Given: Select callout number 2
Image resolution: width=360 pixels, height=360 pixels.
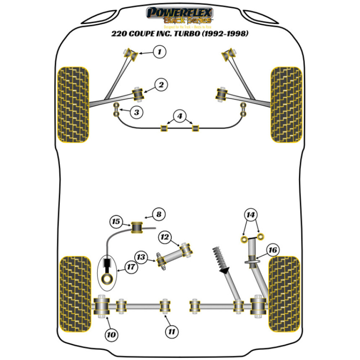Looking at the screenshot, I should (161, 85).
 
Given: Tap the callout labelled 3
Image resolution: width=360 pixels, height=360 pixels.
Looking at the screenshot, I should (136, 112).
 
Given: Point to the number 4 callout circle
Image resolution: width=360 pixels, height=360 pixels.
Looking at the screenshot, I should (180, 116).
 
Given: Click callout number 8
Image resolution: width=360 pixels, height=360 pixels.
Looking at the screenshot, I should (158, 215).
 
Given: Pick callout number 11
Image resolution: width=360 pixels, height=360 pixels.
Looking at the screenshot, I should (172, 330).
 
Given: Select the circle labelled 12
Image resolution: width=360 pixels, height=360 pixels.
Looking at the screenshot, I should (165, 237).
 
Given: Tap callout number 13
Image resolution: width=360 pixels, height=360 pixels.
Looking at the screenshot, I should (141, 257).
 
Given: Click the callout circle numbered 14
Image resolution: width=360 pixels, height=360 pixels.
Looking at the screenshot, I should (251, 215).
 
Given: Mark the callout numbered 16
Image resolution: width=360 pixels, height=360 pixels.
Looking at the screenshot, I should (273, 249).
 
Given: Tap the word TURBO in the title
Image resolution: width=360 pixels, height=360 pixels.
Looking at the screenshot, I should (197, 34).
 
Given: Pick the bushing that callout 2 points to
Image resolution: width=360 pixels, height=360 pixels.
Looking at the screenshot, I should (139, 94).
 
